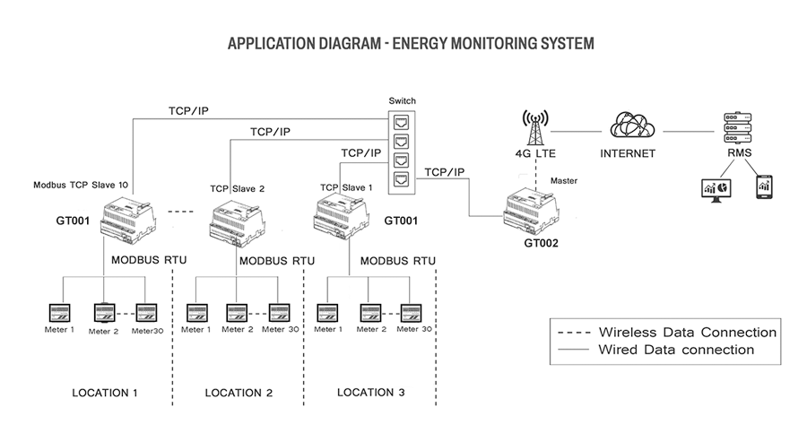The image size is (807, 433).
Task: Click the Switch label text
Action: [x=403, y=100]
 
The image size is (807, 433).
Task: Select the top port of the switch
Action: [x=403, y=119]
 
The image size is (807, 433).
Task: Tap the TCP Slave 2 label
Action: [x=237, y=189]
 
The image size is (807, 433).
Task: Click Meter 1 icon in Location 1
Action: [x=61, y=314]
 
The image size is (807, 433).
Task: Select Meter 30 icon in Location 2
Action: [x=279, y=314]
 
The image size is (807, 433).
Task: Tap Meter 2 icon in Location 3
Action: [x=369, y=314]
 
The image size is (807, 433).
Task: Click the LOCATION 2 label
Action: [x=239, y=393]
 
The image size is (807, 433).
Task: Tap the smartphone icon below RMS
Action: [x=765, y=187]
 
